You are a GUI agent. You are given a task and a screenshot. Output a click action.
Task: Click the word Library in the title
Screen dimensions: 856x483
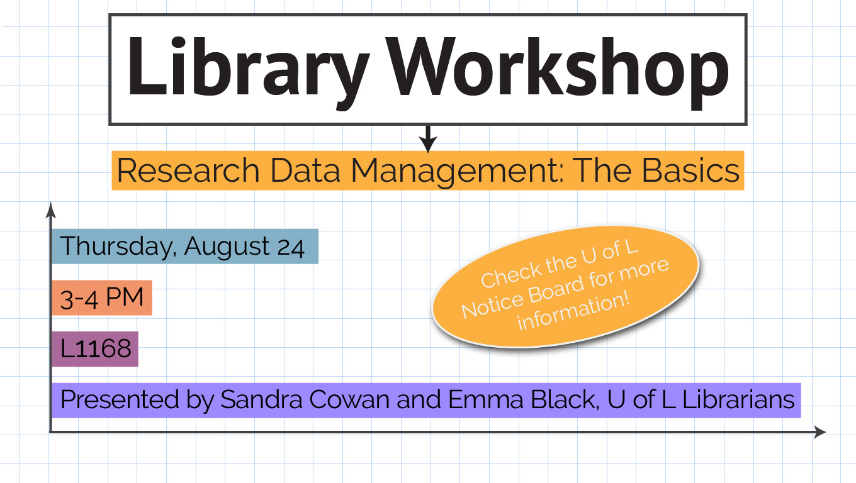(249, 70)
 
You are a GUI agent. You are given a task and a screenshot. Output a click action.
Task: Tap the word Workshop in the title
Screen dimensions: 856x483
(557, 70)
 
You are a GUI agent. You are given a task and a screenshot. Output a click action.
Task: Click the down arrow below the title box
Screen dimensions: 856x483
(428, 138)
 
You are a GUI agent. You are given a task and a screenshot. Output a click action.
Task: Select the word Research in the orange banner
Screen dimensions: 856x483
(188, 170)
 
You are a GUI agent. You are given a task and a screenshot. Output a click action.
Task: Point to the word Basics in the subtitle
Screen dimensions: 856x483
(690, 170)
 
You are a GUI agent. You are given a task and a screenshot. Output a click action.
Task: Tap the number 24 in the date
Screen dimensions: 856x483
(291, 247)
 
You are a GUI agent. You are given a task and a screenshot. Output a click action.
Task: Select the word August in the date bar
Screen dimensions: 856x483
(227, 247)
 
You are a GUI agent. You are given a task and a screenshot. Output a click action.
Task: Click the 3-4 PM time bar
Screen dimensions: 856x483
(102, 297)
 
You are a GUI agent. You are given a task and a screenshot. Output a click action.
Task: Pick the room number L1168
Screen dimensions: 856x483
(96, 348)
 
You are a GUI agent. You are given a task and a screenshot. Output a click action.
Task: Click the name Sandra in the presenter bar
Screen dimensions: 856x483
(261, 399)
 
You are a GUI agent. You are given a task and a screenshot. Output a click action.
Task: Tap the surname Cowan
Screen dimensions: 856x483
(350, 399)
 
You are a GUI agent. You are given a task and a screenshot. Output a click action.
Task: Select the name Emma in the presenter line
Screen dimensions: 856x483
(486, 399)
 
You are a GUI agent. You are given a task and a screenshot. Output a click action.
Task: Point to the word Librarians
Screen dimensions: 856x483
(738, 399)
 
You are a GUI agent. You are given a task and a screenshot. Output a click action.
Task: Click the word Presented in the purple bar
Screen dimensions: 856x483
(120, 399)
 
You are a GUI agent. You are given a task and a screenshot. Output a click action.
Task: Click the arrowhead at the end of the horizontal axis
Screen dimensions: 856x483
(820, 432)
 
